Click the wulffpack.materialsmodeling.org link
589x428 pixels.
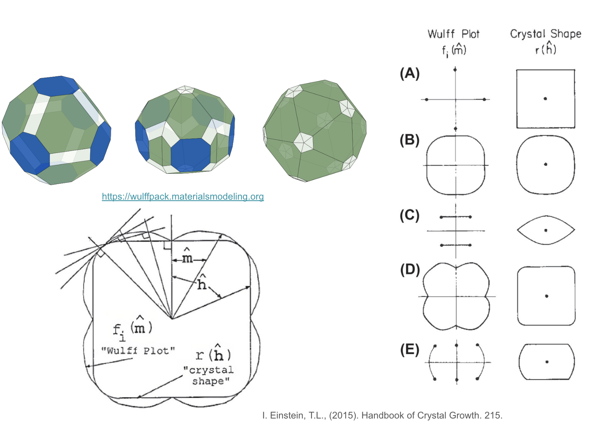[183, 197]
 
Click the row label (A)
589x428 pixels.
[409, 73]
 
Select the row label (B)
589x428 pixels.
[409, 140]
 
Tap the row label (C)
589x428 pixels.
[409, 216]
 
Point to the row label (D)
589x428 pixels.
[410, 270]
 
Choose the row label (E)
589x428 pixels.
[410, 349]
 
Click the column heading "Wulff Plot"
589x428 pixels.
[454, 34]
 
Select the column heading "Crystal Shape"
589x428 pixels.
[545, 34]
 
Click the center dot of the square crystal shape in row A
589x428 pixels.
[545, 99]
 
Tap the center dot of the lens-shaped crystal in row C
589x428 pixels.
[546, 230]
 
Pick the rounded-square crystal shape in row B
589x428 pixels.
[545, 164]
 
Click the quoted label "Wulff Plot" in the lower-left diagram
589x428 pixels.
[138, 351]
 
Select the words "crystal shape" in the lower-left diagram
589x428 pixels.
[209, 375]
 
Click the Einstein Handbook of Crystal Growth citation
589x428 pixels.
[382, 415]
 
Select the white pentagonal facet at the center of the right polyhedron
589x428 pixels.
[303, 142]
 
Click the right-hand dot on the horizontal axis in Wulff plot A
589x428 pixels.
[484, 99]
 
